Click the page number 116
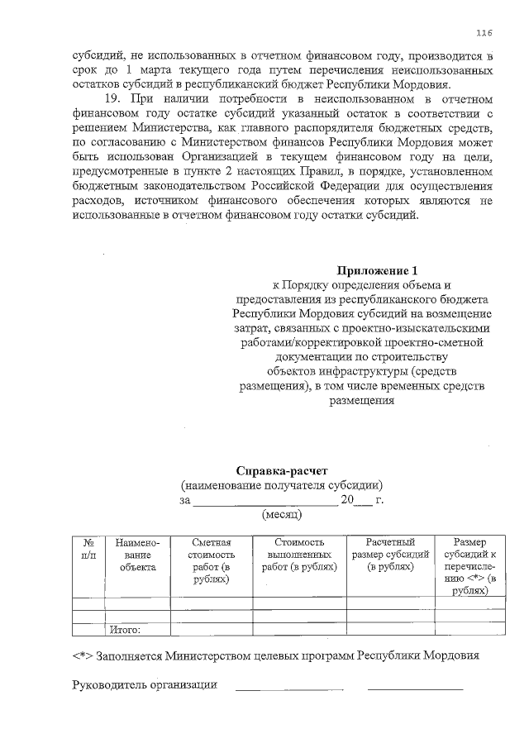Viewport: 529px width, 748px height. coord(484,32)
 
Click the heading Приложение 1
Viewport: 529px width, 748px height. coord(384,270)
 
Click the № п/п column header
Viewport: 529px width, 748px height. coord(88,549)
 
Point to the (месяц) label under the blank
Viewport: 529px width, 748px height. coord(282,515)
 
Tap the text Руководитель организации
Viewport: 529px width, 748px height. coord(145,684)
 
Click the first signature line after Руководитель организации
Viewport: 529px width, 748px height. coord(289,688)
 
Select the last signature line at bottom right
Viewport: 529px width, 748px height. coord(415,688)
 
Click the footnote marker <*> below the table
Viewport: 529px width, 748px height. coord(83,656)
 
